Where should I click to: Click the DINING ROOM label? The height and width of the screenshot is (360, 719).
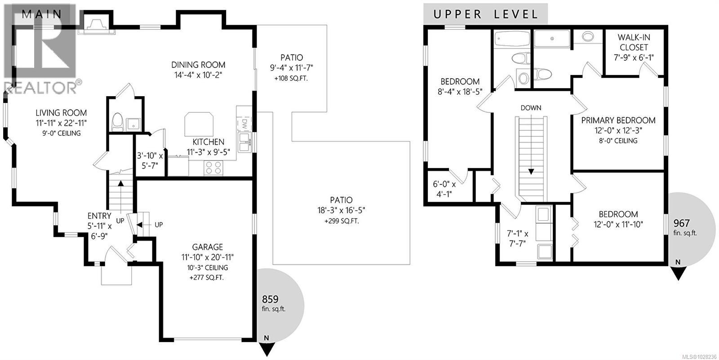pyautogui.click(x=198, y=65)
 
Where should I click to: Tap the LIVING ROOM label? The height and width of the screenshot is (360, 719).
pyautogui.click(x=61, y=113)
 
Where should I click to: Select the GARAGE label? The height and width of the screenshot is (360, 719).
pyautogui.click(x=207, y=247)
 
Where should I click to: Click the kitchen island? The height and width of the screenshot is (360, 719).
pyautogui.click(x=199, y=124)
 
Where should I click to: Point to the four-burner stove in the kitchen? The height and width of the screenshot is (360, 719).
pyautogui.click(x=213, y=168)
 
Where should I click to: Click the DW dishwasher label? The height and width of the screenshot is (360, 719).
pyautogui.click(x=244, y=124)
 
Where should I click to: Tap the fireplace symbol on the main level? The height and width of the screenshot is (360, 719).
pyautogui.click(x=96, y=25)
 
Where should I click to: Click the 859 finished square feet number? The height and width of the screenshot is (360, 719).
pyautogui.click(x=270, y=299)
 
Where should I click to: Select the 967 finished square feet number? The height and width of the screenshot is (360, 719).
pyautogui.click(x=681, y=223)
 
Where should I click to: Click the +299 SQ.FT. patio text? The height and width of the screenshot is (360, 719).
pyautogui.click(x=342, y=221)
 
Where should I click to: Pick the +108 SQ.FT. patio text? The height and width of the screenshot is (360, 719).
pyautogui.click(x=291, y=79)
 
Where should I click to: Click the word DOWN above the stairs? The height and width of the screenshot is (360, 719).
pyautogui.click(x=531, y=108)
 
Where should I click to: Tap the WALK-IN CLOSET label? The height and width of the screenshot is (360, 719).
pyautogui.click(x=634, y=42)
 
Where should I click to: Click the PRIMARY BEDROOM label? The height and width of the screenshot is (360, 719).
pyautogui.click(x=618, y=120)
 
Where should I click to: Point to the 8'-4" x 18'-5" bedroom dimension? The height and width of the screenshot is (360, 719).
pyautogui.click(x=460, y=92)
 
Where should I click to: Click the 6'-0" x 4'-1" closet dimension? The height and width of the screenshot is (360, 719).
pyautogui.click(x=444, y=189)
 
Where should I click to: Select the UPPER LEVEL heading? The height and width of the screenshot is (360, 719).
pyautogui.click(x=486, y=14)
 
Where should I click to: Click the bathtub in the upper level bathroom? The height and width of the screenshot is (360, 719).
pyautogui.click(x=512, y=39)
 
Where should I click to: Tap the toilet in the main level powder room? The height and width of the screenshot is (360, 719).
pyautogui.click(x=117, y=122)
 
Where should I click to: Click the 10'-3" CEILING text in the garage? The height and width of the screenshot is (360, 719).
pyautogui.click(x=207, y=268)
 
